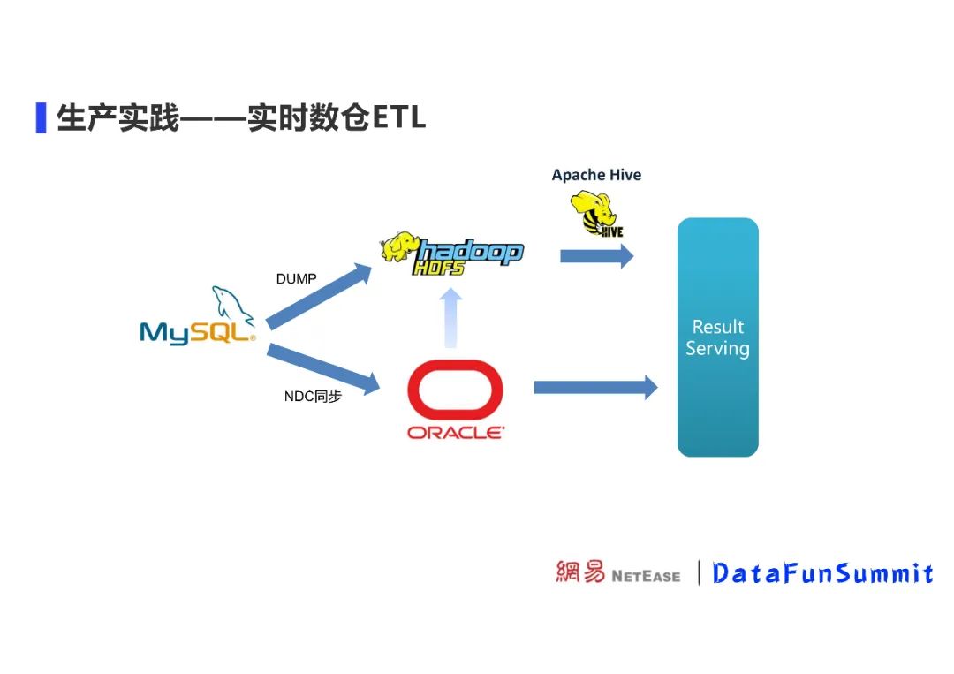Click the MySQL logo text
[197, 332]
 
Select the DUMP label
[296, 279]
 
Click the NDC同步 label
[313, 397]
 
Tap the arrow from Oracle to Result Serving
[596, 387]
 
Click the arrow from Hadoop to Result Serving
[597, 256]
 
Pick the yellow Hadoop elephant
[400, 246]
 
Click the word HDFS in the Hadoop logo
[438, 266]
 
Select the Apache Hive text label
[596, 175]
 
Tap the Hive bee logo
[597, 214]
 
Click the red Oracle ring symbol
[455, 390]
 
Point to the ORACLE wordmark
[456, 433]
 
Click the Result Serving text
[717, 337]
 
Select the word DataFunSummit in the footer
[822, 573]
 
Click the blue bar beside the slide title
[41, 117]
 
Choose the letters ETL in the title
[399, 117]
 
